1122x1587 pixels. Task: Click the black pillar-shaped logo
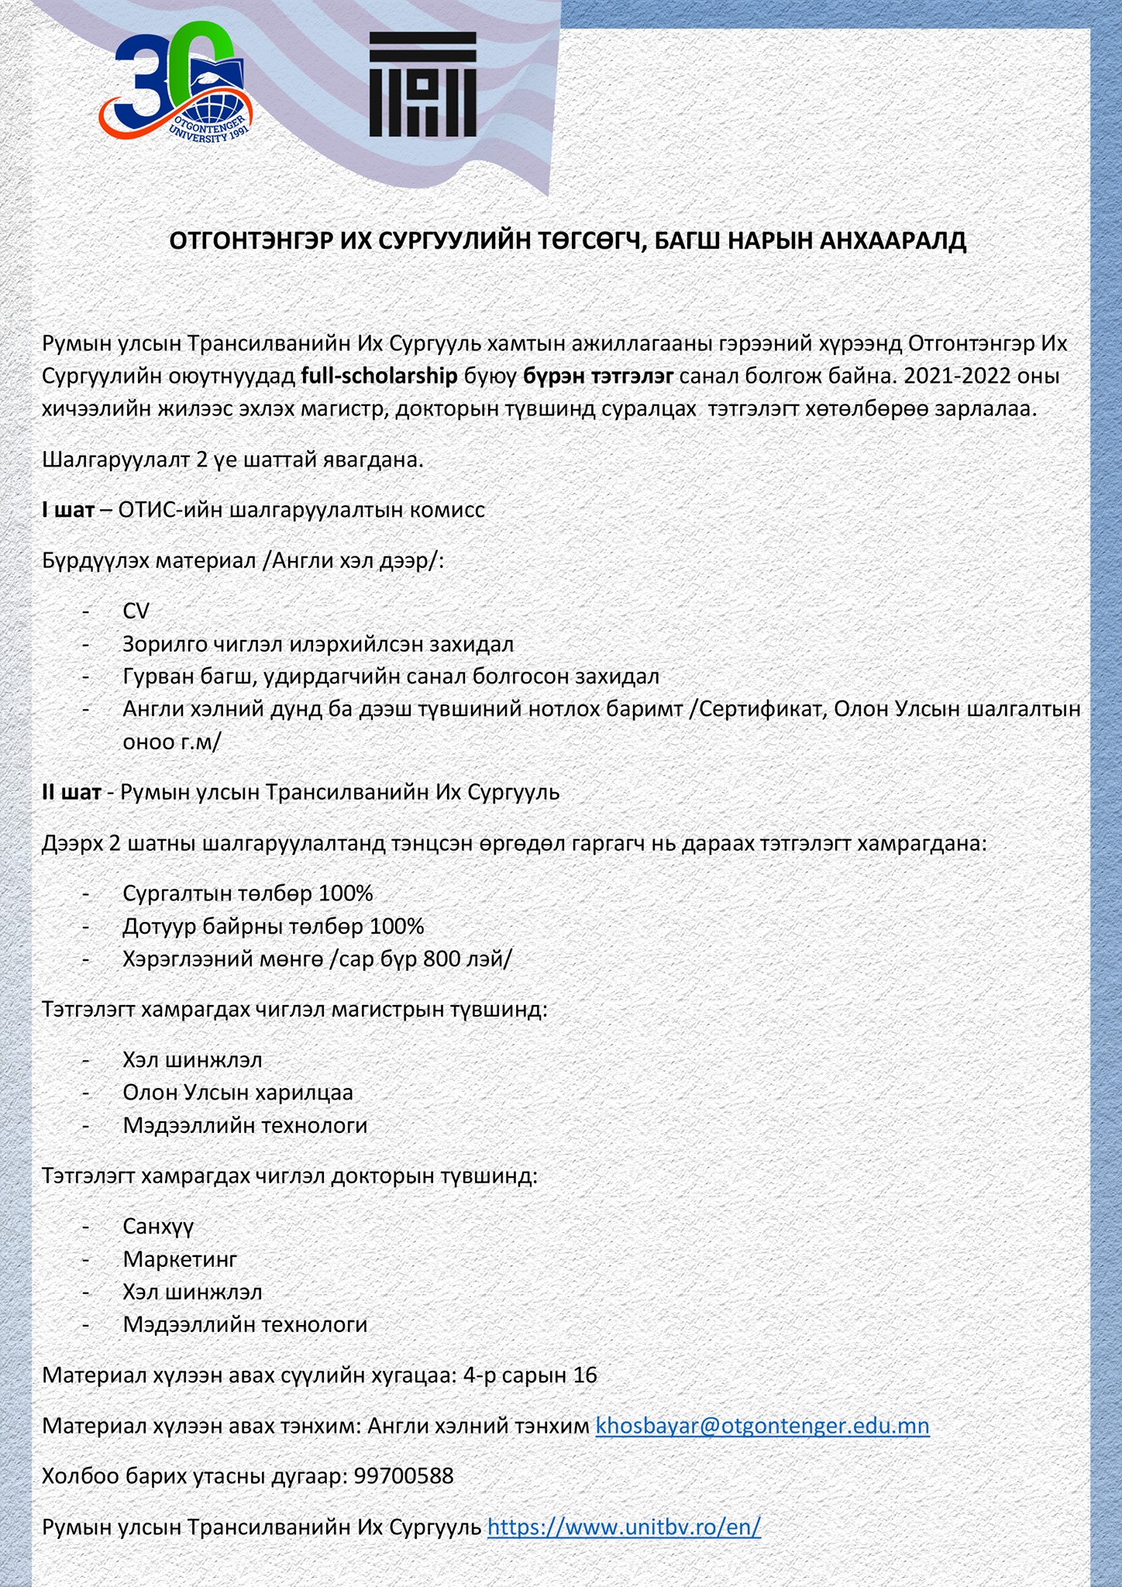click(422, 84)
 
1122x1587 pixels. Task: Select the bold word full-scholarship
click(379, 376)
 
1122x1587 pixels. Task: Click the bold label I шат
click(68, 510)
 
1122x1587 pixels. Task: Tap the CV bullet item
click(136, 611)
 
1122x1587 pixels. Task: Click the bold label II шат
click(71, 792)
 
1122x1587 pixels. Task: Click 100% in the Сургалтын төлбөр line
click(346, 893)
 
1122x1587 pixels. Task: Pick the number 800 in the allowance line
click(442, 959)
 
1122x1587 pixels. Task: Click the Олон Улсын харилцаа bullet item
click(238, 1093)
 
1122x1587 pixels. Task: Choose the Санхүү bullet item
click(158, 1226)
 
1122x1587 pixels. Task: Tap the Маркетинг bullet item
click(180, 1259)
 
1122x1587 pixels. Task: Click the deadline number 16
click(585, 1375)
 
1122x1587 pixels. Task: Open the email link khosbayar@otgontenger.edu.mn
click(762, 1426)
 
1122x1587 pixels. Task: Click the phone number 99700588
click(404, 1476)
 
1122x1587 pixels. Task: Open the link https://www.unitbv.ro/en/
click(624, 1527)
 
